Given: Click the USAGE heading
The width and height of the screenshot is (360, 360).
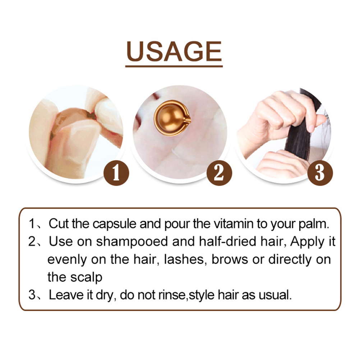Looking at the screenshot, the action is [x=174, y=51].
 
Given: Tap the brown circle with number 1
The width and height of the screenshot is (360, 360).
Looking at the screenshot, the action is [x=116, y=173].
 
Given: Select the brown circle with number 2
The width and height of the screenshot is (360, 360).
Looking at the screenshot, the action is [x=219, y=173].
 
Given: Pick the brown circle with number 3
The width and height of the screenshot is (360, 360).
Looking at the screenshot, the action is [x=320, y=173].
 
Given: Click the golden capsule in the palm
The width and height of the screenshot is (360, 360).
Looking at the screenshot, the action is [x=172, y=118].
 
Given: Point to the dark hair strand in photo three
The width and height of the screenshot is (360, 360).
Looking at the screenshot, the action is [x=299, y=135].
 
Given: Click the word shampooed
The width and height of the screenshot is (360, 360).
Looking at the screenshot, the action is [x=132, y=242].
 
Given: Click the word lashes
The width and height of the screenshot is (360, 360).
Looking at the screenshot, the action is [x=184, y=260].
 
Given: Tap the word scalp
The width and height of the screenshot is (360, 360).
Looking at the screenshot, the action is [x=86, y=278].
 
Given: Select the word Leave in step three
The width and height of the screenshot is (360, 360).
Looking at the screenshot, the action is [x=66, y=295].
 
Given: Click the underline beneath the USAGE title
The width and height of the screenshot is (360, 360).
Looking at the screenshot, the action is [x=174, y=66].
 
